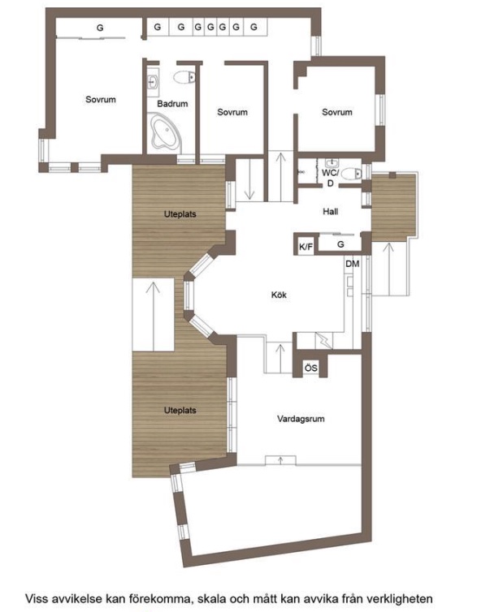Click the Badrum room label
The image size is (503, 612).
pos(172,104)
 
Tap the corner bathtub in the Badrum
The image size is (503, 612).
pos(164,131)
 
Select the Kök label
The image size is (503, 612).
pos(279,295)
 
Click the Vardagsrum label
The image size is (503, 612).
pos(301,419)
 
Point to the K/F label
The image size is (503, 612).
pos(306,247)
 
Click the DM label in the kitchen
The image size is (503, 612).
pos(352,264)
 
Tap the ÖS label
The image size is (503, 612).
pos(311,368)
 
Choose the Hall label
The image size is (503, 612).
pos(330,212)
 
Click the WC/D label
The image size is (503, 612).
pos(330,178)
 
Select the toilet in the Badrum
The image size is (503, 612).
pos(184,77)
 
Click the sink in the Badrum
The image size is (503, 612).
pos(153,82)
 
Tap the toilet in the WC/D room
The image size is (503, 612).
pos(352,174)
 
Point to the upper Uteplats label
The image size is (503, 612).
pos(180,214)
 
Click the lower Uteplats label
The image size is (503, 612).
pos(180,410)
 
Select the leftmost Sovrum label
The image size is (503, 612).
pos(101,100)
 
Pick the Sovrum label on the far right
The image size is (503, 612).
pos(337,112)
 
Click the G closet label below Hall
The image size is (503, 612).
pos(340,244)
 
